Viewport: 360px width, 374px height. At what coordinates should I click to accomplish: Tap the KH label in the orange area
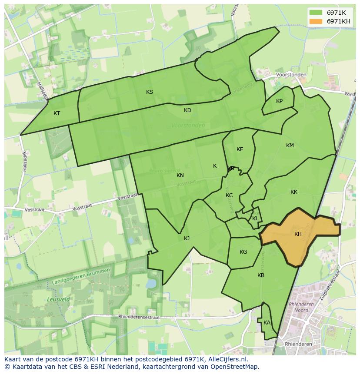coord(298,234)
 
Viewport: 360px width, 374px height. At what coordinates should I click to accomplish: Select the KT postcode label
coord(57,113)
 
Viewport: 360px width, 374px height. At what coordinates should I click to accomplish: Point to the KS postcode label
coord(150,92)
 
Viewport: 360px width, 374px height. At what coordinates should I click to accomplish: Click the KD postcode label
coord(187,110)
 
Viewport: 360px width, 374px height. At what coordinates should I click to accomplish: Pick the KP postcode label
coord(279,101)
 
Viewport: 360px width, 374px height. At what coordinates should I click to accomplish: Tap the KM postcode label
coord(290,146)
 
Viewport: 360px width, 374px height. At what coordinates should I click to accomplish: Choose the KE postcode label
coord(240,149)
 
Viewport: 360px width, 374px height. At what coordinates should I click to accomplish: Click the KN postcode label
coord(180,175)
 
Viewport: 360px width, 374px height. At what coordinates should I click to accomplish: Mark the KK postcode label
coord(294,192)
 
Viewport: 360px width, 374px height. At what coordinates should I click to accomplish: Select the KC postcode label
coord(229,195)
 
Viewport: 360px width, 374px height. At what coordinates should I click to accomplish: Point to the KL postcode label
coord(255,218)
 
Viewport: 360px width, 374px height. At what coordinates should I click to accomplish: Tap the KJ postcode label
coord(187,238)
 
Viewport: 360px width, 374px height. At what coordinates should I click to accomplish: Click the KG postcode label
coord(243,252)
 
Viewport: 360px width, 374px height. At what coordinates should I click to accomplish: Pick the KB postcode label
coord(261,275)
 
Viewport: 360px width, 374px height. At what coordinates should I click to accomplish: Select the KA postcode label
coord(267,323)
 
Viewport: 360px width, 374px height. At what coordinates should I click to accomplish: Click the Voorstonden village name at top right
coord(291,75)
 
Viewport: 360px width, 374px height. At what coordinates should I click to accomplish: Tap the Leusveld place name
coord(55,300)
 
